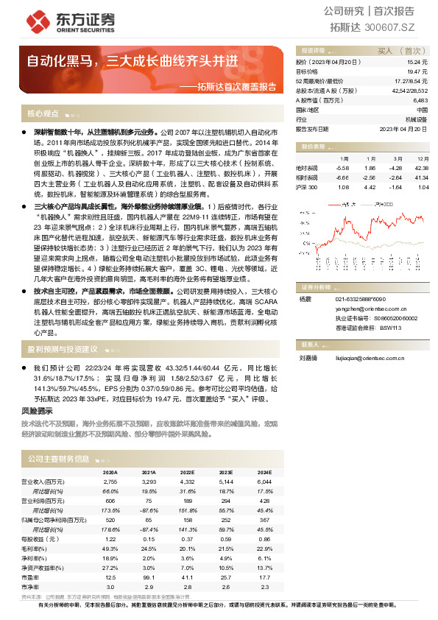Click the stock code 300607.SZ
click(x=400, y=27)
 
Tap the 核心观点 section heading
click(x=43, y=115)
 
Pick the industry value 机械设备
click(x=416, y=118)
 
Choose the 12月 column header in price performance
click(x=422, y=158)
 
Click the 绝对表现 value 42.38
click(x=422, y=168)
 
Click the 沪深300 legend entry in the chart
click(x=383, y=200)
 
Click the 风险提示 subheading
click(x=37, y=411)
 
